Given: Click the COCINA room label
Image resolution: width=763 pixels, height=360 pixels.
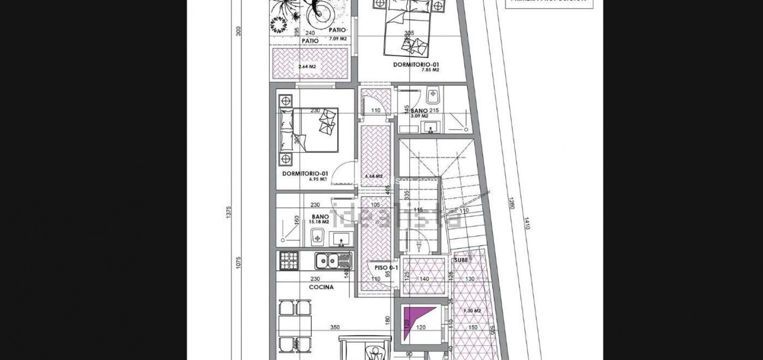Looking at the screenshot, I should tap(321, 287).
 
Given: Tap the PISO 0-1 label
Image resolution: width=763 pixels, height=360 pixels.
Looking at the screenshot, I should tap(386, 268).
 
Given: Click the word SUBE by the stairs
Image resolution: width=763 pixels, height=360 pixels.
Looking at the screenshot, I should tap(461, 260).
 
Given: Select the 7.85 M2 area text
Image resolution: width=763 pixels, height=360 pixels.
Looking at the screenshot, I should tap(430, 70).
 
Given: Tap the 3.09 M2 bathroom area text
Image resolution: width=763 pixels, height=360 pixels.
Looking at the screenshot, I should tap(419, 116).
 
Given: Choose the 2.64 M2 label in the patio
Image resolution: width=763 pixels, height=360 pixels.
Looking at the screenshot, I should tap(307, 67).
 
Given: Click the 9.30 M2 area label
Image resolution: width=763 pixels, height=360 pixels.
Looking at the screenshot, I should tap(472, 311).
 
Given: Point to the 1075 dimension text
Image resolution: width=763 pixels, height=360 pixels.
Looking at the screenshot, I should tap(238, 263).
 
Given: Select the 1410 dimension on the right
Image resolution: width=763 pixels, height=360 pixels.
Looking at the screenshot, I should tap(527, 224).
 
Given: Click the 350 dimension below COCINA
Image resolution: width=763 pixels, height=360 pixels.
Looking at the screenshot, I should tap(335, 327).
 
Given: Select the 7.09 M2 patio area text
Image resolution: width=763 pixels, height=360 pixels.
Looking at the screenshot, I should tap(338, 39).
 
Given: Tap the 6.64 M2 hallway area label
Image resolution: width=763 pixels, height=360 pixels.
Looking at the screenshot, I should tap(374, 177).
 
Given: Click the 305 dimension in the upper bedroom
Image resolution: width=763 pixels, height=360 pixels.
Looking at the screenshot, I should tap(409, 33).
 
